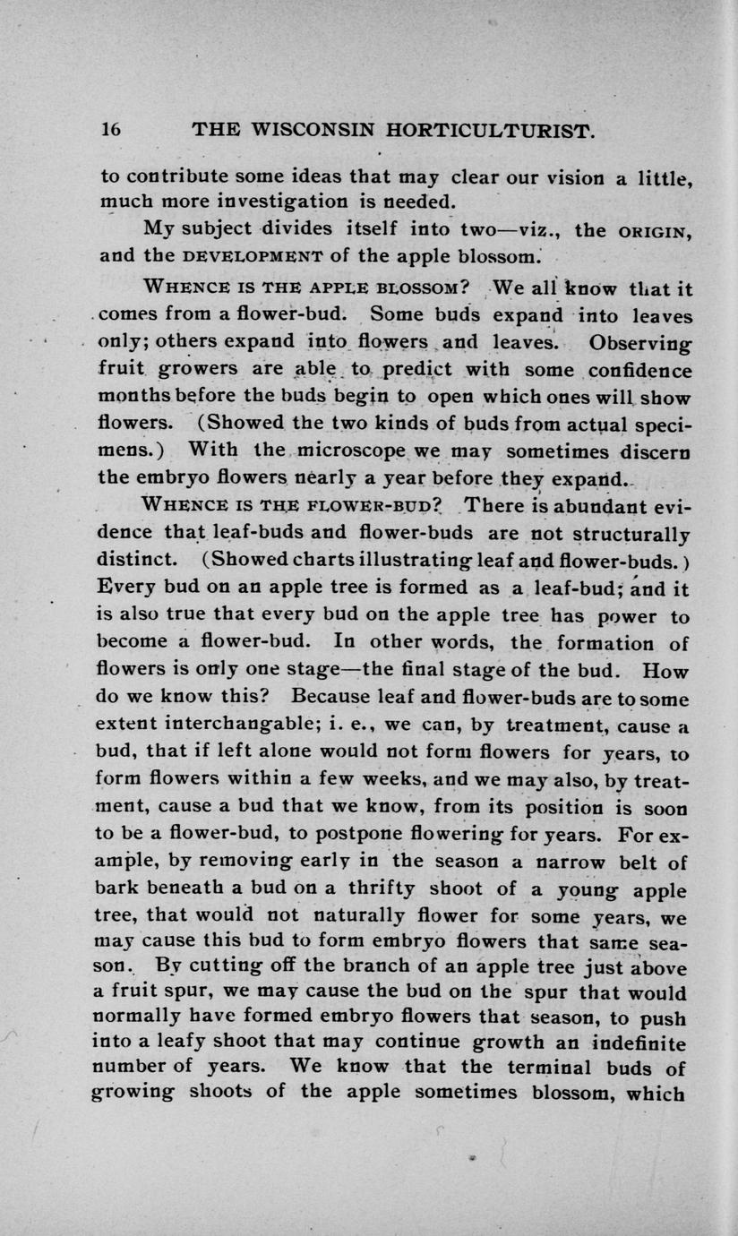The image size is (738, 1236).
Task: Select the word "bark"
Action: [119, 890]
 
